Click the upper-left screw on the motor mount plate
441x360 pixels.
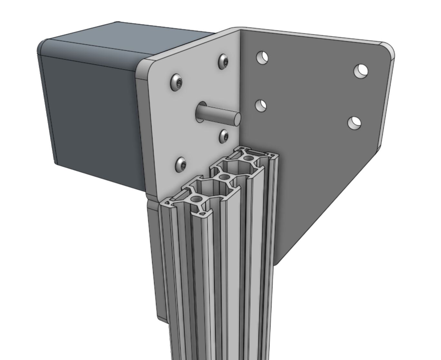pyautogui.click(x=176, y=83)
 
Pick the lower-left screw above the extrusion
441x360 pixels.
pyautogui.click(x=181, y=165)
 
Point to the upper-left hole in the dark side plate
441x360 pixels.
pyautogui.click(x=262, y=57)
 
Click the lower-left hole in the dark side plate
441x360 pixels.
pyautogui.click(x=261, y=105)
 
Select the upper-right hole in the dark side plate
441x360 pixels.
pyautogui.click(x=361, y=71)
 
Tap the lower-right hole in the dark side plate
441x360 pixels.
pyautogui.click(x=354, y=123)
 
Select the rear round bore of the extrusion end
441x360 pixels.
pyautogui.click(x=248, y=158)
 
